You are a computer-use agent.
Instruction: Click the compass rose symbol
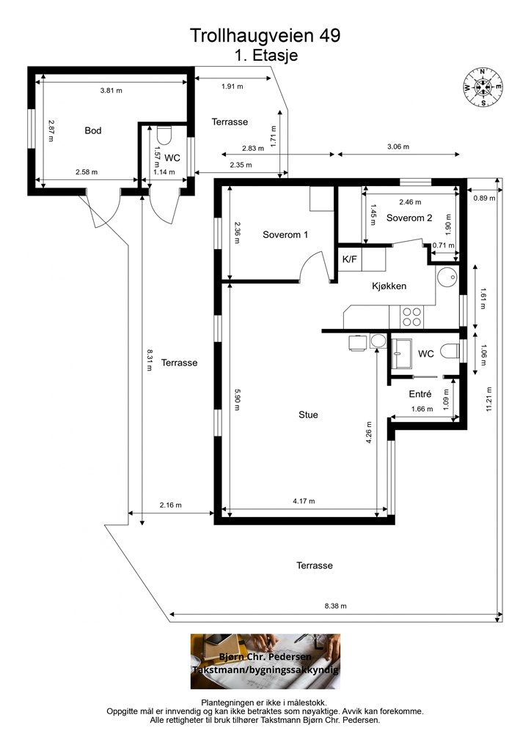pos(483,87)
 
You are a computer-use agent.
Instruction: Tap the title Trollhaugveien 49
pos(265,35)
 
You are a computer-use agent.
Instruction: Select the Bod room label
pos(93,130)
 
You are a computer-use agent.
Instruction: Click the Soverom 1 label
pos(285,235)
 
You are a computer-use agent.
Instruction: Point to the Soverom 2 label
pos(409,218)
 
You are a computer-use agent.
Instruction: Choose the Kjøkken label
pos(389,286)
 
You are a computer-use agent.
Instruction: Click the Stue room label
pos(308,415)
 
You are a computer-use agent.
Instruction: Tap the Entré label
pos(420,394)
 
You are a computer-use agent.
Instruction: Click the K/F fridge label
pos(350,260)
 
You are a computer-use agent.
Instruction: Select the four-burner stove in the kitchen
pos(411,316)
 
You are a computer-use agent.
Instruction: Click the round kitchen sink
pos(447,277)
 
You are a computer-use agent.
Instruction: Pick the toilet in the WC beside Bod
pos(164,135)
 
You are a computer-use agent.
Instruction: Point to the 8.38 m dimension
pos(336,606)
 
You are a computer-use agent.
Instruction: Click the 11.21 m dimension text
pos(489,399)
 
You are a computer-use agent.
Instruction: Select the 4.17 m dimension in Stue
pos(304,501)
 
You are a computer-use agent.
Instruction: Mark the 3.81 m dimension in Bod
pos(111,90)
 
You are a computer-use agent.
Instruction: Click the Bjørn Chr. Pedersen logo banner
pos(265,661)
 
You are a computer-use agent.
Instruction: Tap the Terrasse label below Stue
pos(315,565)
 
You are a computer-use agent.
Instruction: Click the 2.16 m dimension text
pos(170,505)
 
